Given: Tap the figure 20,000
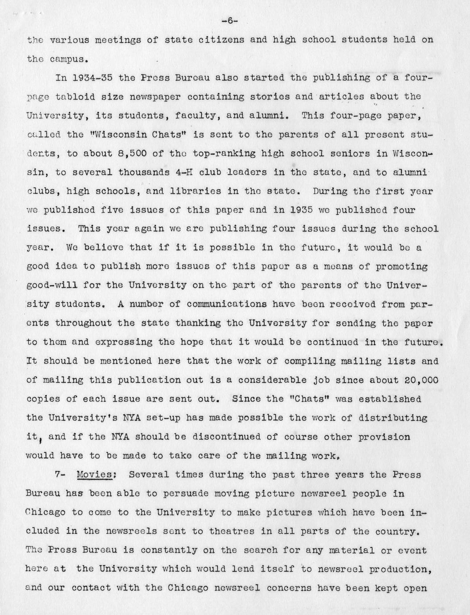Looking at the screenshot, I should coord(420,380).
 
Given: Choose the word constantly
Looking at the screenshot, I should coord(169,551).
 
